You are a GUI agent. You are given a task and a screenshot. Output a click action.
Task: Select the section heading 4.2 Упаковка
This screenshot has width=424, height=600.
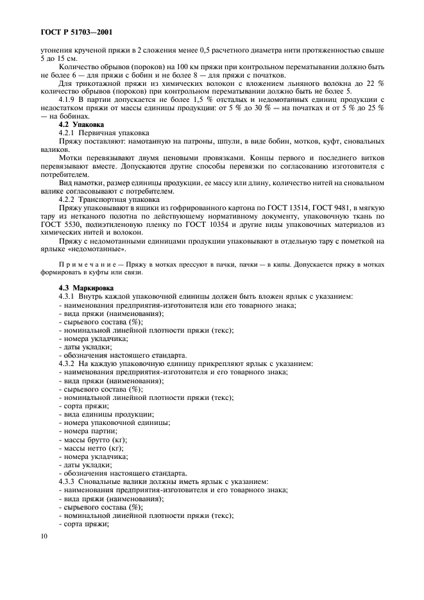pos(80,123)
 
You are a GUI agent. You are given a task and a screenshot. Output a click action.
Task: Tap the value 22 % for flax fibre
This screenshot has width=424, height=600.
pos(375,83)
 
